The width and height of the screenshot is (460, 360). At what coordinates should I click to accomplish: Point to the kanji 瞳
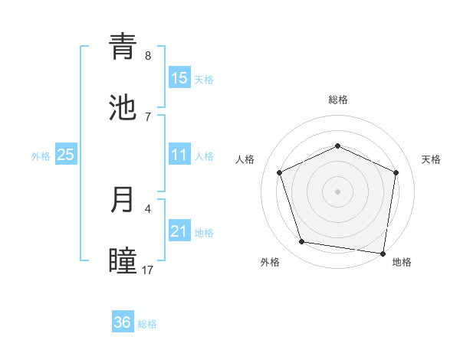click(123, 260)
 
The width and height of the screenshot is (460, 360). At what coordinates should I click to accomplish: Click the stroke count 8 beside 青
click(148, 55)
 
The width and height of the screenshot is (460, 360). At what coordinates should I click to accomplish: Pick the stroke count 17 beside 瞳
click(147, 270)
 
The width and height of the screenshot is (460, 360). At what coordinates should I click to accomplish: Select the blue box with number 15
click(179, 78)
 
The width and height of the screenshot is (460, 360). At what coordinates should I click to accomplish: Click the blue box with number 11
click(179, 155)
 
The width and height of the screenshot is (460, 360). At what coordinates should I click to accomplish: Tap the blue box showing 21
click(179, 232)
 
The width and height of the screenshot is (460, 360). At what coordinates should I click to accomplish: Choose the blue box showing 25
click(66, 155)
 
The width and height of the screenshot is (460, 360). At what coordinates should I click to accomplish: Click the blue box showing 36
click(123, 322)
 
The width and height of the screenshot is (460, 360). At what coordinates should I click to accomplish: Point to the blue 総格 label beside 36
click(147, 324)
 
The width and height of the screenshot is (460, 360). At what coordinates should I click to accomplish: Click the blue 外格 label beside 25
click(41, 156)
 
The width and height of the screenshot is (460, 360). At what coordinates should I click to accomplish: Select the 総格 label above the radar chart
click(338, 100)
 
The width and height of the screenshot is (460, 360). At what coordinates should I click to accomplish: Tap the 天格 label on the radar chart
click(431, 159)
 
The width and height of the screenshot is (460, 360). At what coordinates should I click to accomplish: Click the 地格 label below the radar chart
click(402, 262)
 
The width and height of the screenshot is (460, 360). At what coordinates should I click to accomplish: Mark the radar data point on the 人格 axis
click(281, 172)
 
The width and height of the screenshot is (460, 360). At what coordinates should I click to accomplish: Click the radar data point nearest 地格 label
click(383, 253)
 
